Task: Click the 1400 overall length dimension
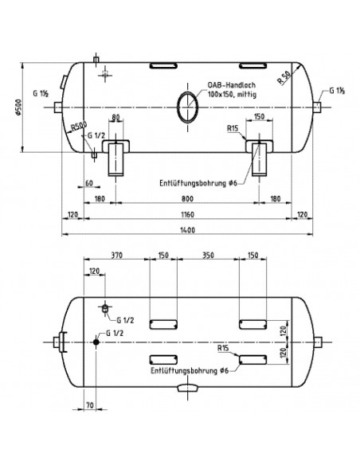(187, 230)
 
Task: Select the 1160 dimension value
(187, 214)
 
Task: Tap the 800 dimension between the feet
(187, 198)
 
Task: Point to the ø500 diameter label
(18, 107)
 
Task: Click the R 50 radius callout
(284, 78)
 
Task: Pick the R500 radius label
(78, 127)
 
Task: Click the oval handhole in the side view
(187, 106)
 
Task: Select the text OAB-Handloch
(232, 85)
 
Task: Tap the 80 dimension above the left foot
(115, 117)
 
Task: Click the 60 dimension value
(89, 183)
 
